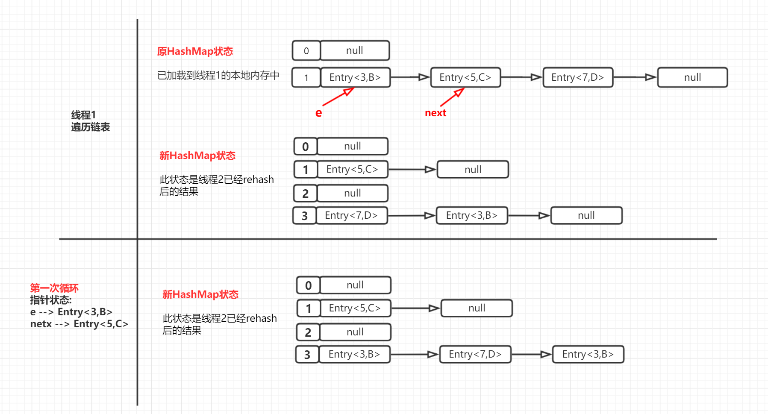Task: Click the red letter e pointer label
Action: point(318,113)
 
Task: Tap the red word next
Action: point(435,113)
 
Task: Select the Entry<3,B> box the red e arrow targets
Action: point(355,77)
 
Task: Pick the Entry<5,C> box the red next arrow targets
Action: point(465,77)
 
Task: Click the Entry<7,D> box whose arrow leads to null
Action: point(577,77)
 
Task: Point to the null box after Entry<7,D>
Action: point(692,77)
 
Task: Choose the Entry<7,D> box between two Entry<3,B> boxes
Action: point(475,354)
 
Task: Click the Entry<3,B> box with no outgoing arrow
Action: point(588,354)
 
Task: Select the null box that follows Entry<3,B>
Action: point(586,215)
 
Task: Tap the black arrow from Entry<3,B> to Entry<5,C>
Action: point(410,77)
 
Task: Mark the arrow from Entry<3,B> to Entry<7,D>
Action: point(415,354)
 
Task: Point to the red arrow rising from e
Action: point(338,97)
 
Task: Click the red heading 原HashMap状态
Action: point(195,51)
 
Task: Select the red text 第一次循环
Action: point(54,288)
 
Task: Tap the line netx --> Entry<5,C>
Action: point(79,324)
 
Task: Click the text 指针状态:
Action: point(51,300)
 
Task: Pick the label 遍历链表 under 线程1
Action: point(91,127)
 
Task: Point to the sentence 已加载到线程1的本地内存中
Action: point(218,75)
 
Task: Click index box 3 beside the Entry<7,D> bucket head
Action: point(304,215)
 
